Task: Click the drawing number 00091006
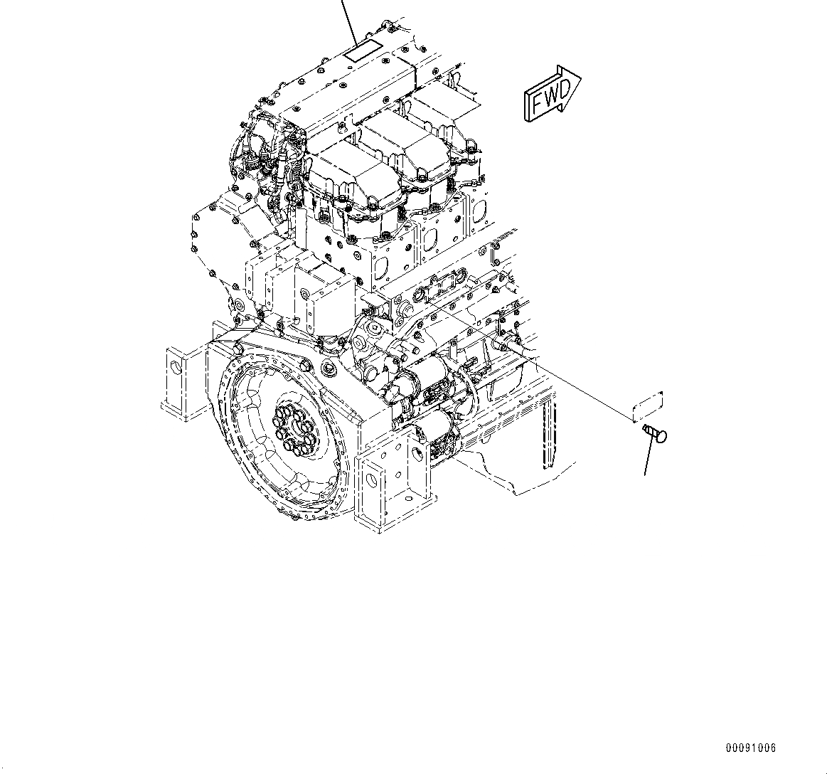pyautogui.click(x=751, y=748)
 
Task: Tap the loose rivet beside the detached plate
pyautogui.click(x=654, y=433)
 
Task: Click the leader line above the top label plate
pyautogui.click(x=349, y=21)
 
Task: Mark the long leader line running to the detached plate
pyautogui.click(x=533, y=356)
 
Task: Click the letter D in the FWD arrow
pyautogui.click(x=563, y=88)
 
